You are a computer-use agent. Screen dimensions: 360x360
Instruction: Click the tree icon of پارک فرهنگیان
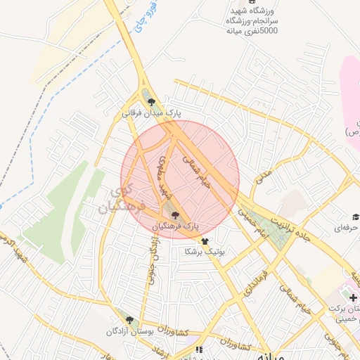coord(175,216)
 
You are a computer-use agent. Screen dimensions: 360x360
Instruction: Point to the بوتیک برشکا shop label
coord(203,251)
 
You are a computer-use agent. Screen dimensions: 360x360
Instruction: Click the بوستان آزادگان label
coord(129,330)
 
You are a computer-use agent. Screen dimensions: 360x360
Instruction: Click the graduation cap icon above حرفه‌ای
coord(355,217)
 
